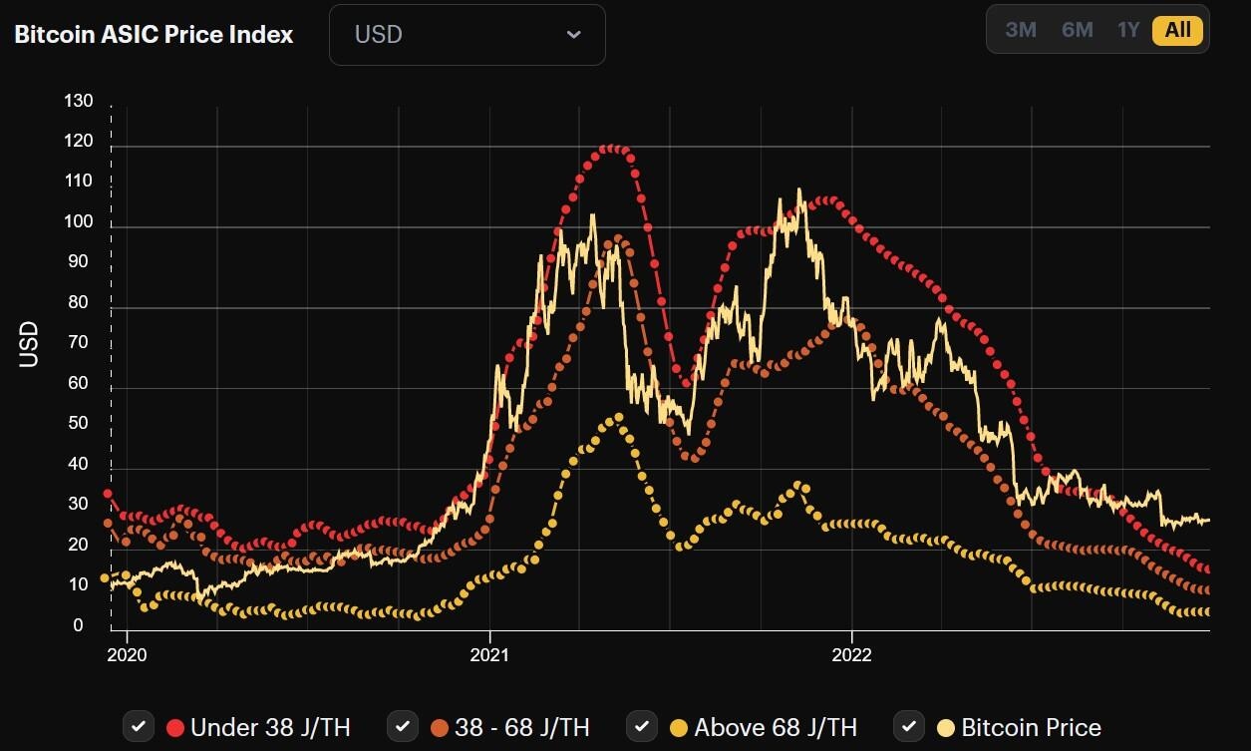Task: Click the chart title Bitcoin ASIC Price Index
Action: click(x=154, y=34)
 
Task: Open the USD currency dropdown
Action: click(x=467, y=35)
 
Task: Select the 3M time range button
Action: click(x=1021, y=30)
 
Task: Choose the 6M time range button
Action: click(x=1077, y=30)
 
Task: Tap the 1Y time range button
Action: click(x=1127, y=30)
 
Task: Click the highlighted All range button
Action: click(x=1177, y=30)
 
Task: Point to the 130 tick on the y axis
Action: click(x=78, y=102)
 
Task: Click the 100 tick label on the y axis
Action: click(x=78, y=222)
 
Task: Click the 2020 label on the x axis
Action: click(x=127, y=655)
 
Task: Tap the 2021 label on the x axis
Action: click(x=489, y=655)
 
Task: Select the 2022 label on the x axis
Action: click(x=851, y=655)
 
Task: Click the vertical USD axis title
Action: click(x=29, y=344)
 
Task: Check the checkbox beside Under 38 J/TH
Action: click(x=139, y=726)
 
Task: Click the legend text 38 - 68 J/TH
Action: click(x=521, y=727)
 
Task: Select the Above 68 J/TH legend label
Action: click(x=775, y=727)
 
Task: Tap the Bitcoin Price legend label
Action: click(x=1031, y=727)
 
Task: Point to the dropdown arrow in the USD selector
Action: click(x=573, y=35)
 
